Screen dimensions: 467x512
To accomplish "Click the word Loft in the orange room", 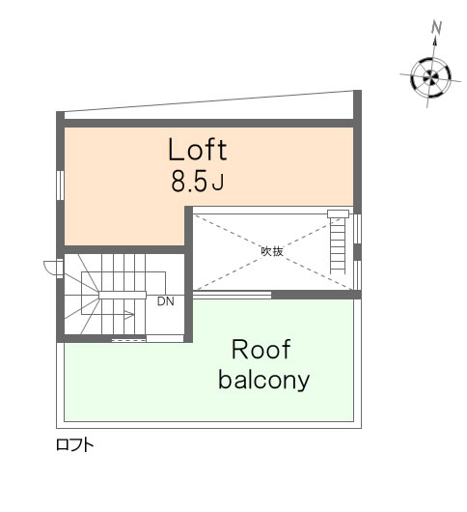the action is (x=197, y=150).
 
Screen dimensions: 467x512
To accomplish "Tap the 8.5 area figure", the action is (x=189, y=182).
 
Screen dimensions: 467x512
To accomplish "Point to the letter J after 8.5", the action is (x=218, y=183).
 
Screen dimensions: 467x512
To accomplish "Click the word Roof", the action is (x=261, y=350).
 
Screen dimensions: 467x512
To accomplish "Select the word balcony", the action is (x=263, y=380).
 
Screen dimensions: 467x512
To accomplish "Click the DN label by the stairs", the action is (x=166, y=301).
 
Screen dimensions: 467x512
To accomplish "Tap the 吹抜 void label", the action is (x=272, y=251).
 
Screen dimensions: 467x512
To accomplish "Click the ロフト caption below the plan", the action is (x=75, y=444).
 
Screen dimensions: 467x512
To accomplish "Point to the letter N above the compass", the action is (x=436, y=27).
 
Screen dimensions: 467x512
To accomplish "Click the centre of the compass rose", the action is (x=430, y=77).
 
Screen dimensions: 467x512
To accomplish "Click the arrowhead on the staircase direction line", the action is (x=130, y=315).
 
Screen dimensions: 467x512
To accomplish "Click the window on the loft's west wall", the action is (x=60, y=185).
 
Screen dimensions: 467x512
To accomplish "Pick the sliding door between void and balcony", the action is (x=233, y=295).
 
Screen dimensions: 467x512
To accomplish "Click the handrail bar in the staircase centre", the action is (x=123, y=295).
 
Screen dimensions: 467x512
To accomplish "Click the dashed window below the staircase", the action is (x=129, y=340).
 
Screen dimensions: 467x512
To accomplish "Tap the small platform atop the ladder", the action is (x=338, y=213).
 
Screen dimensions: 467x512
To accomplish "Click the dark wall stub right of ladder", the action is (x=358, y=252).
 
